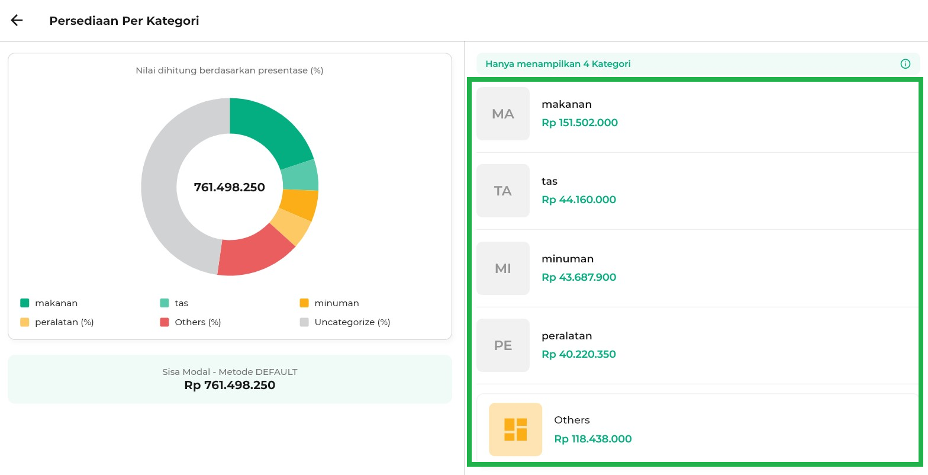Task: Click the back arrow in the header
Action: click(x=17, y=20)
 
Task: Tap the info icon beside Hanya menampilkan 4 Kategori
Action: click(x=905, y=64)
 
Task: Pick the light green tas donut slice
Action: click(x=299, y=176)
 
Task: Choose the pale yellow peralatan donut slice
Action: click(x=291, y=227)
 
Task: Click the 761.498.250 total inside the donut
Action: click(x=230, y=187)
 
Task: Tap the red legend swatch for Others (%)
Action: click(x=165, y=322)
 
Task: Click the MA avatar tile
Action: click(x=503, y=114)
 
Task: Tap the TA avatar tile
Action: click(x=503, y=191)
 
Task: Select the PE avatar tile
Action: click(x=503, y=345)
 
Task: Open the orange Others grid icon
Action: click(x=515, y=429)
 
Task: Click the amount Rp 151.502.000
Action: click(x=579, y=123)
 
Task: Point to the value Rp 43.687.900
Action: click(x=579, y=277)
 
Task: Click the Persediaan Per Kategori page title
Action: click(x=124, y=21)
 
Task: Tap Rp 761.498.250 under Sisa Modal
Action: click(x=230, y=385)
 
